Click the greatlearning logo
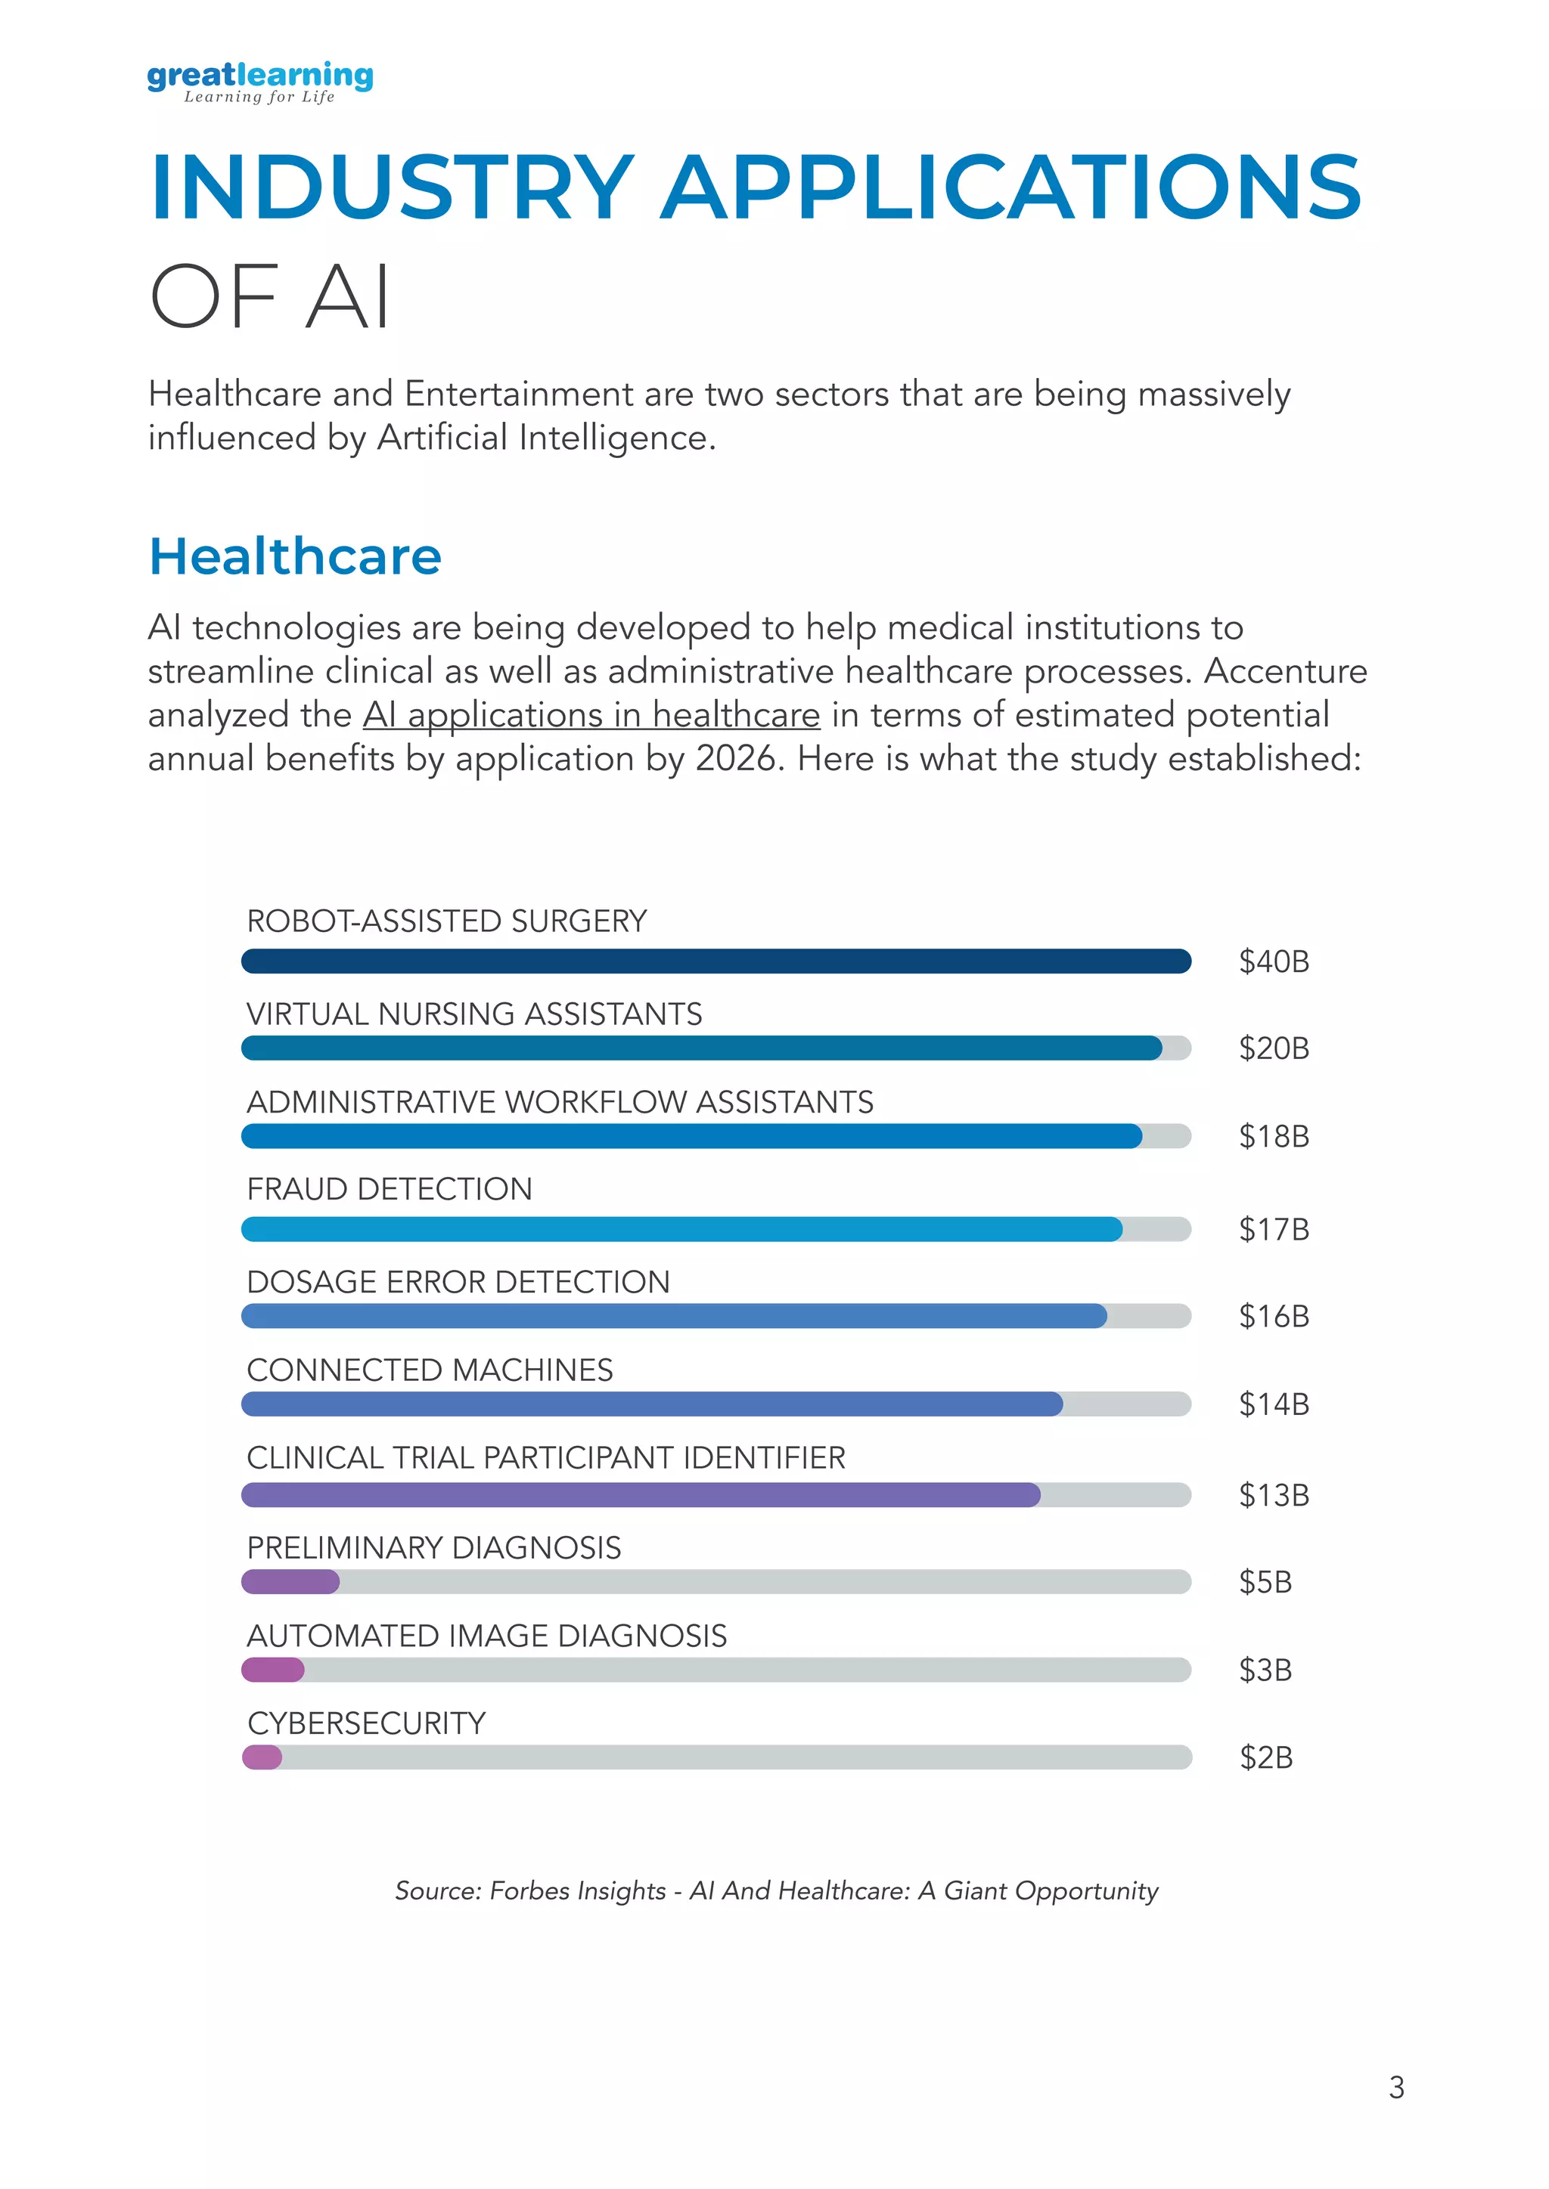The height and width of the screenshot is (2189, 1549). point(259,82)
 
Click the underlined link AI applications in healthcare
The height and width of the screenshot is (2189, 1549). point(591,715)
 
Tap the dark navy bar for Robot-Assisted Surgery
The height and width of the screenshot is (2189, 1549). point(716,961)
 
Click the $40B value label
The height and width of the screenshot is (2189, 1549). point(1274,961)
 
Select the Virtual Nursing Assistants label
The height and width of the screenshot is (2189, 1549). point(474,1014)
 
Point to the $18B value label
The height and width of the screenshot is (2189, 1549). point(1274,1136)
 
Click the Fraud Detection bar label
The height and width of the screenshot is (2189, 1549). point(390,1189)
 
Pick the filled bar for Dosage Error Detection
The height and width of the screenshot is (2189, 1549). point(673,1317)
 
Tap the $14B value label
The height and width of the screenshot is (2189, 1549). point(1274,1404)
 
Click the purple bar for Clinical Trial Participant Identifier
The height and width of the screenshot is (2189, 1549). point(640,1495)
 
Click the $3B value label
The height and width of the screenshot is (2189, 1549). point(1265,1670)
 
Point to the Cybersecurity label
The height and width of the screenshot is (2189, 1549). point(366,1723)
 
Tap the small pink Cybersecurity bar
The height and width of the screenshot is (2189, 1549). point(262,1757)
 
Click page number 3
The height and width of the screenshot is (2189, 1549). point(1396,2088)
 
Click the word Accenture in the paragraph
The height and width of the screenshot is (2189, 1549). point(1285,671)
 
